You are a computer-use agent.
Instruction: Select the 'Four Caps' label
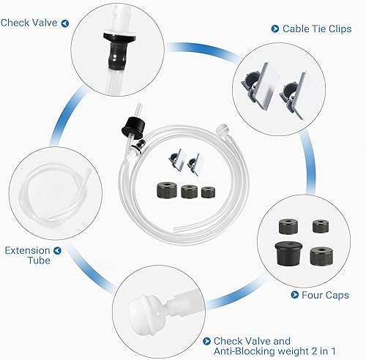tap(326, 296)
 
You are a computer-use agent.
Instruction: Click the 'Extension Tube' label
tap(27, 255)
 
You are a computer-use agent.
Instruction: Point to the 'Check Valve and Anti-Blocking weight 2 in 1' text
tap(252, 345)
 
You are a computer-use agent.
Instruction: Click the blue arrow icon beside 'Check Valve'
tap(65, 23)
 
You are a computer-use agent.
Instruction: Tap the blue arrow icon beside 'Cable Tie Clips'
tap(275, 29)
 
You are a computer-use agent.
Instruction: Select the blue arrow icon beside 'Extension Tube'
tap(58, 250)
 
